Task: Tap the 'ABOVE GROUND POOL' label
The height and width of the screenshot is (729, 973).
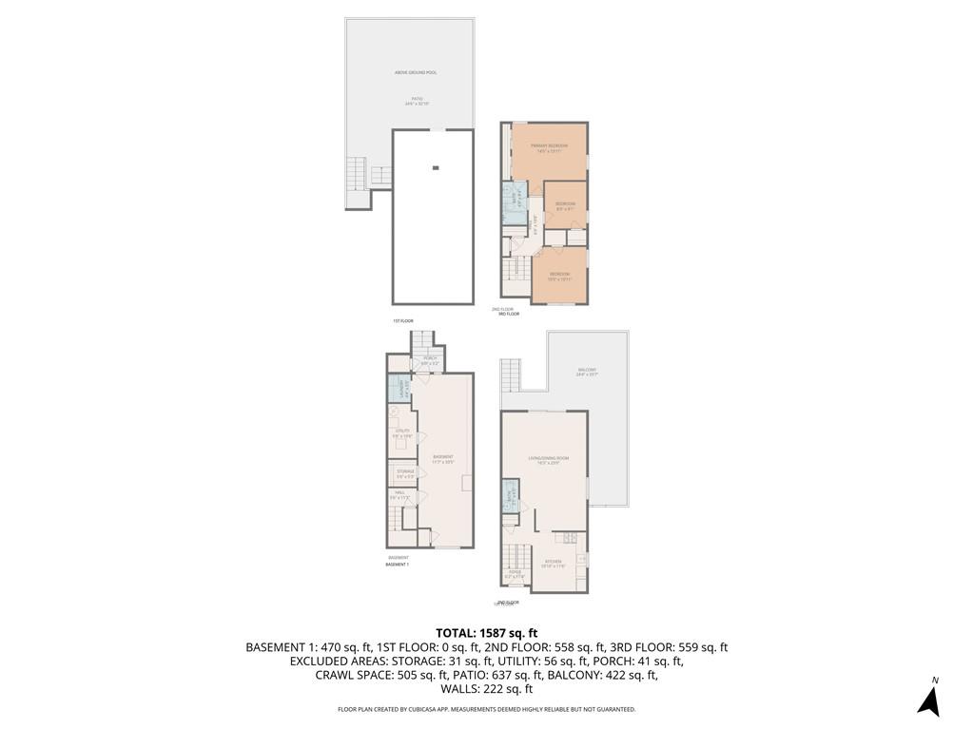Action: (416, 72)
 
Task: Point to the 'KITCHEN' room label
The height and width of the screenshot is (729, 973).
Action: (553, 562)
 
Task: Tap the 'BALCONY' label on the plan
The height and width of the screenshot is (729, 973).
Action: (587, 370)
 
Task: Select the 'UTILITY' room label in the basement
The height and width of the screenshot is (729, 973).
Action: (402, 432)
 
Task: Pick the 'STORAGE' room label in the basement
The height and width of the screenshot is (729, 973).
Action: (405, 470)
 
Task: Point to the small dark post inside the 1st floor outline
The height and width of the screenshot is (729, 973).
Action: (436, 168)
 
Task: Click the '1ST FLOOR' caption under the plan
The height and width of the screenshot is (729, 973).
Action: (403, 321)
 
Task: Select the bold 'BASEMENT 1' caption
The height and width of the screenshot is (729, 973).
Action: (398, 565)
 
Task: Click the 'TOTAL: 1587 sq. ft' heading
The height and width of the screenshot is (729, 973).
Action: (486, 632)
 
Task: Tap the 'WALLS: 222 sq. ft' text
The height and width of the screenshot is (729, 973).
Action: (486, 689)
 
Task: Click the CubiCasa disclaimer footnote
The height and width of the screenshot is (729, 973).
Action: (486, 709)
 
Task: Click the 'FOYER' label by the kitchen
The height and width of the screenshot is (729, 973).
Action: (515, 572)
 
